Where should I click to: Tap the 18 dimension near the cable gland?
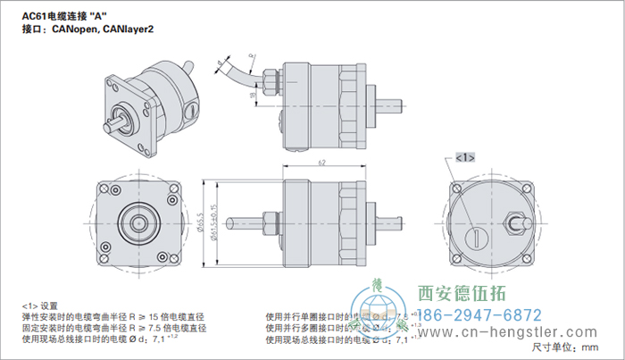coord(253,95)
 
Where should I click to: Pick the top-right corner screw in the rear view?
coord(523,189)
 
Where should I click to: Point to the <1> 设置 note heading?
coord(39,305)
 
